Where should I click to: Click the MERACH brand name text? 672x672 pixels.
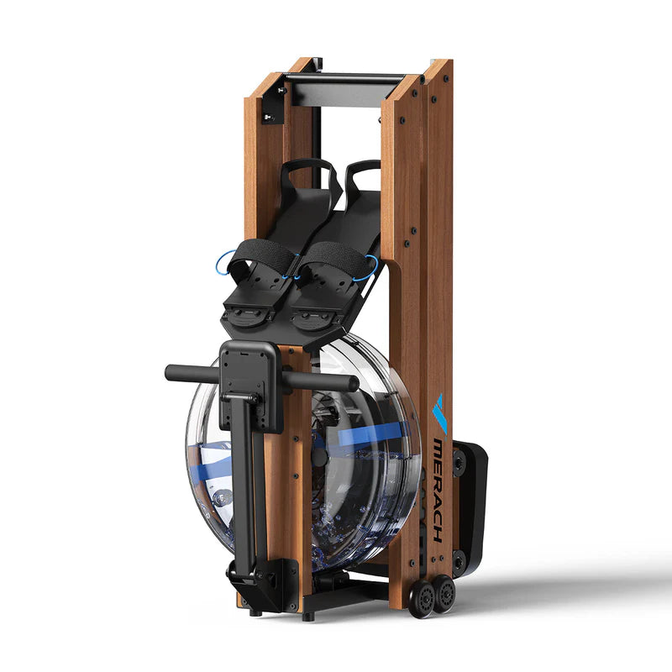(438, 491)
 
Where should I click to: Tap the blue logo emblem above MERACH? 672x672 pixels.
(440, 413)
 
